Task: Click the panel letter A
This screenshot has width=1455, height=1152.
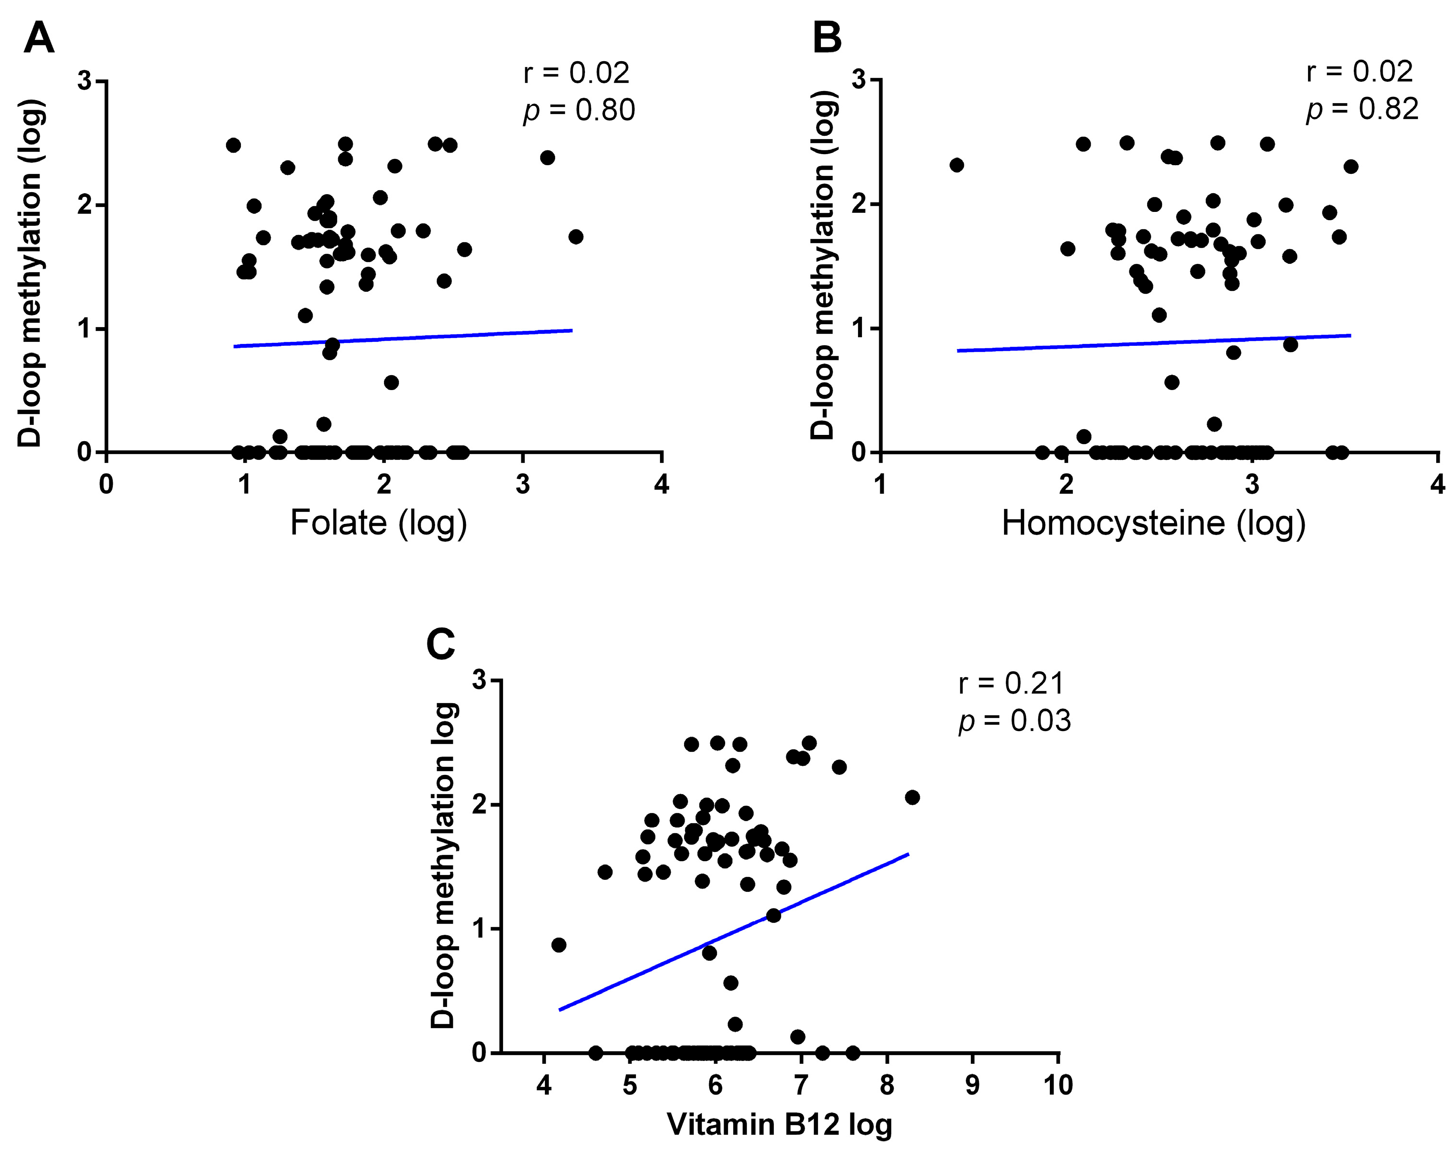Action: [39, 39]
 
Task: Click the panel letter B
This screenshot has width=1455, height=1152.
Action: [827, 39]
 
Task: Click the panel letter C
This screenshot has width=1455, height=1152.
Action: [441, 643]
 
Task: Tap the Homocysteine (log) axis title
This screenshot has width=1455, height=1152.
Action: [1153, 524]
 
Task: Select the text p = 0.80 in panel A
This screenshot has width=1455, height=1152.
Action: [579, 110]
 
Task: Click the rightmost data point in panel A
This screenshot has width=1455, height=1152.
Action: [575, 237]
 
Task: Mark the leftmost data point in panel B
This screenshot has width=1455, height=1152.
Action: [956, 165]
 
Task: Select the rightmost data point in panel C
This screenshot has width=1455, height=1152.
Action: [912, 797]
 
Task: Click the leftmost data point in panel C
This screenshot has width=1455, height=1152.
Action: [558, 945]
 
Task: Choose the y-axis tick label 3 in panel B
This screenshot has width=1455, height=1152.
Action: [858, 79]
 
